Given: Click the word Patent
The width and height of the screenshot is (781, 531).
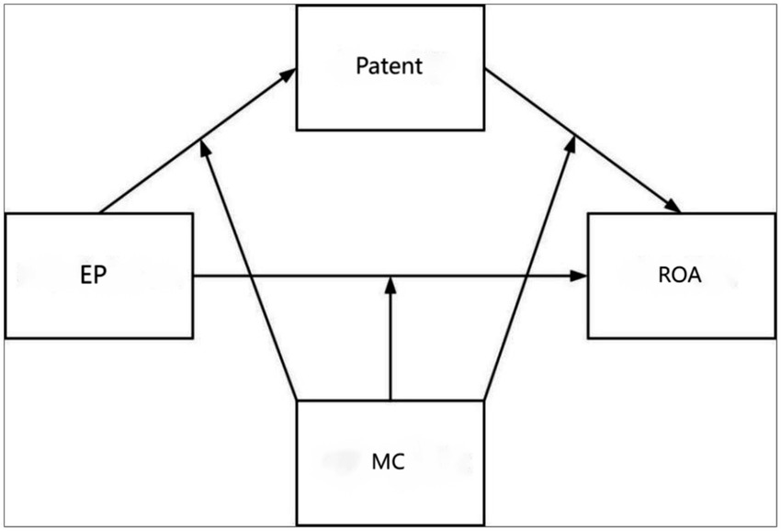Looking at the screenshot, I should tap(389, 67).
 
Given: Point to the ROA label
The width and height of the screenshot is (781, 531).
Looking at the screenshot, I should tap(681, 276).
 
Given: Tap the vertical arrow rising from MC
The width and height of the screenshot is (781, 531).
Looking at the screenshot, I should tap(390, 349).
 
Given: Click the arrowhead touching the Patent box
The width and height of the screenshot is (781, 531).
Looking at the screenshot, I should tap(289, 73).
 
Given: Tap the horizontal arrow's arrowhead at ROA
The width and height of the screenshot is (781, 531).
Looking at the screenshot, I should tap(579, 275).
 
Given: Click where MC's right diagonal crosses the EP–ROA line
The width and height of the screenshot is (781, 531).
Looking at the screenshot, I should tap(527, 275).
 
